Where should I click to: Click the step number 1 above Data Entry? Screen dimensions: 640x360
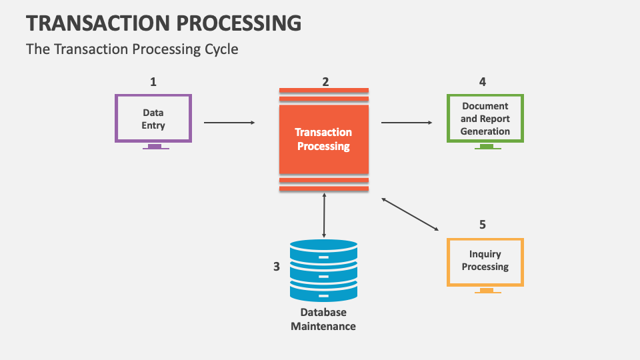coord(153,82)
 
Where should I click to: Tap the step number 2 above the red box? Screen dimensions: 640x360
coord(325,82)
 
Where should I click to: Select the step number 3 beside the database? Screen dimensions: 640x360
coord(276,267)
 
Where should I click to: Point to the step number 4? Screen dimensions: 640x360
coord(483,82)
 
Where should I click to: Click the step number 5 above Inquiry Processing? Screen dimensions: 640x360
coord(483,225)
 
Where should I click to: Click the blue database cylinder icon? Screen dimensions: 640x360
coord(324,270)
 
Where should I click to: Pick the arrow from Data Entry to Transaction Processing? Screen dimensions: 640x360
coord(229,123)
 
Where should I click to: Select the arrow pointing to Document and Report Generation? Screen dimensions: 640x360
coord(407,123)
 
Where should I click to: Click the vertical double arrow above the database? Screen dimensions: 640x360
coord(324,215)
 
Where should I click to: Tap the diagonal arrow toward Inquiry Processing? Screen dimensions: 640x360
coord(410,214)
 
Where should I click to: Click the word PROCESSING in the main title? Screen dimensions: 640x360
coord(239,23)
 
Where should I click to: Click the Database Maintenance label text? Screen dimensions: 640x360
coord(323,319)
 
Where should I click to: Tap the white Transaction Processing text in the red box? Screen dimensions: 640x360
coord(323,139)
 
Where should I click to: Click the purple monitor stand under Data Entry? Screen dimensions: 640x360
coord(155,146)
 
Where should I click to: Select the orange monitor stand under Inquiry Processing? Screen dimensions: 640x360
coord(488,290)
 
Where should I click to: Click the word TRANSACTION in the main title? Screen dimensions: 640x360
coord(99,23)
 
